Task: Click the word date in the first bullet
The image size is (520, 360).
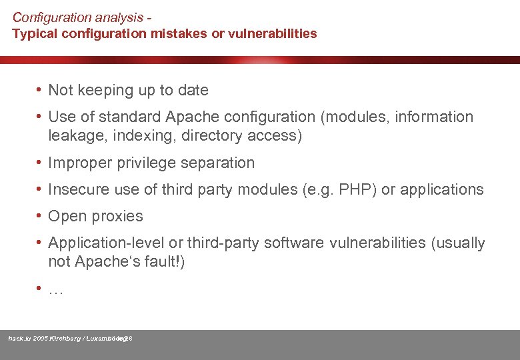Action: coord(193,90)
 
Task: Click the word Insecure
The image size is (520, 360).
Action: coord(76,189)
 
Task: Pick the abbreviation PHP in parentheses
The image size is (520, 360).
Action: coord(356,189)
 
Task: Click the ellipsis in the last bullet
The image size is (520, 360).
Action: coord(56,291)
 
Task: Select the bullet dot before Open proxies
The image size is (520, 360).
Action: coord(41,216)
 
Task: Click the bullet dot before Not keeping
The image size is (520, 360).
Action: coord(41,90)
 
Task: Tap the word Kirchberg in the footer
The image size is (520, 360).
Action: coord(65,339)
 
